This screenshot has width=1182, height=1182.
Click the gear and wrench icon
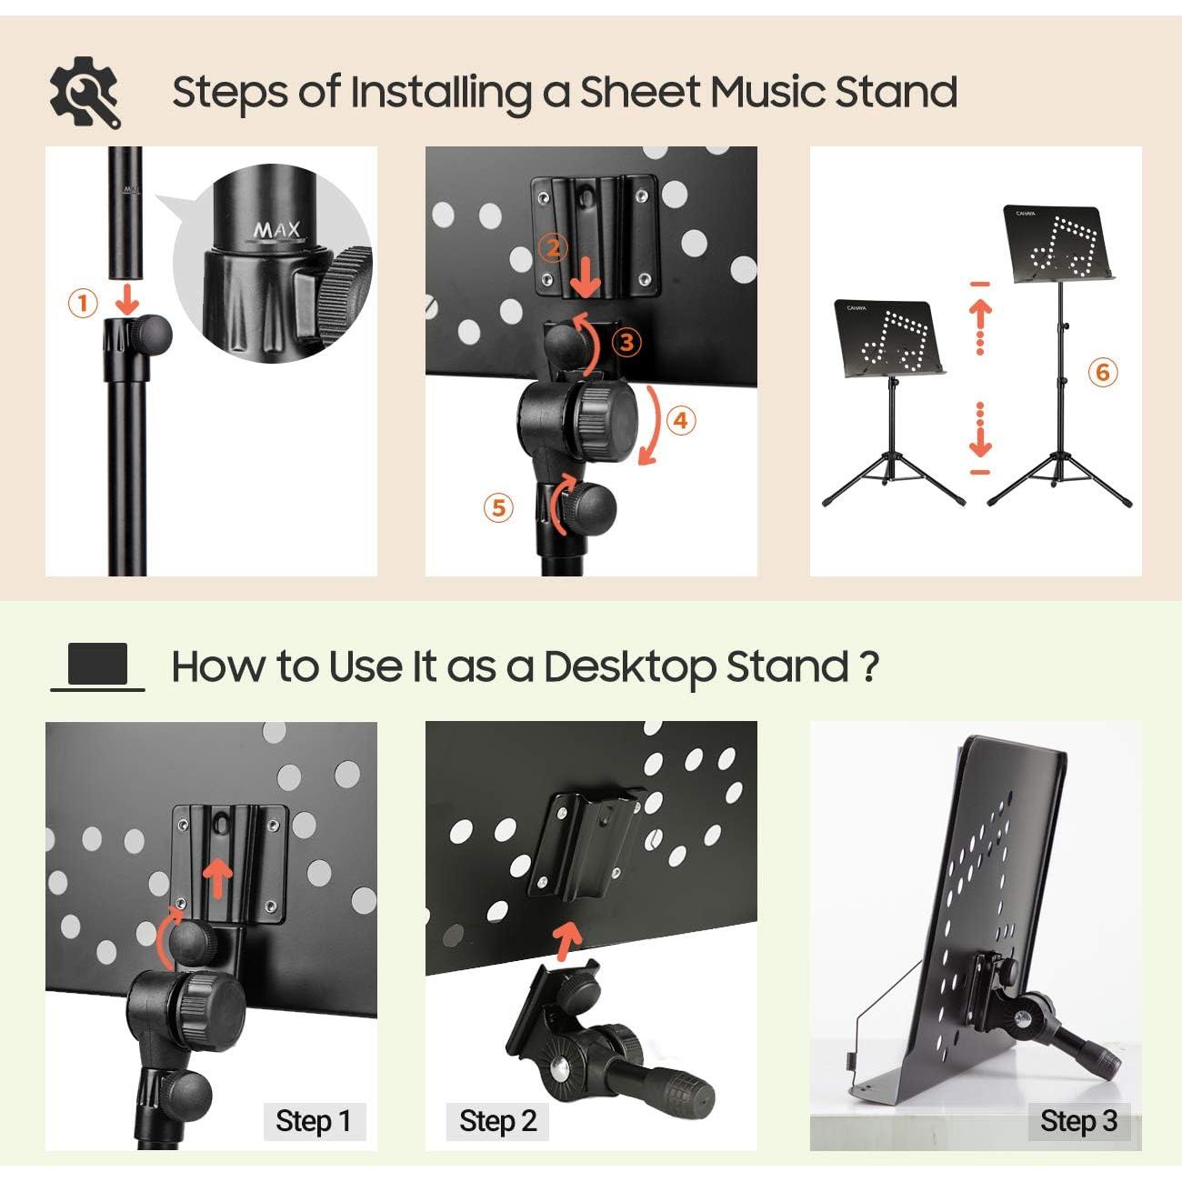tap(85, 92)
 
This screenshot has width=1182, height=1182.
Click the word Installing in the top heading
tap(441, 94)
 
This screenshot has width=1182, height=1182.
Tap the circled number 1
tap(83, 303)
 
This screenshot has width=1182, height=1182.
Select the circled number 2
tap(553, 248)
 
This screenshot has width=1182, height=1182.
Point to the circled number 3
tap(626, 342)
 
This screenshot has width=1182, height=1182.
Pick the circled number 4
tap(681, 421)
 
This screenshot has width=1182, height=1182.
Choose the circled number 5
tap(498, 508)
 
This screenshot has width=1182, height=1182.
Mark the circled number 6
tap(1103, 372)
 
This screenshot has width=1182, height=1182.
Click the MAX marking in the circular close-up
tap(278, 231)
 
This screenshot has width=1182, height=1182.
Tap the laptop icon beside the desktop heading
tap(97, 666)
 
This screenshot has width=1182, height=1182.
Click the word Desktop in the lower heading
tap(628, 666)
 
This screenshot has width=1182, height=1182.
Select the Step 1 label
tap(314, 1121)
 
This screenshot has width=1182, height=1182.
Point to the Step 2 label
tap(497, 1121)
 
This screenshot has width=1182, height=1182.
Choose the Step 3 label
tap(1079, 1121)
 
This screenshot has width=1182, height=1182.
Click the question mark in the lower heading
tap(868, 665)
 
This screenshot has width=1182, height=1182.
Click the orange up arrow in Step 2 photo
tap(566, 941)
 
